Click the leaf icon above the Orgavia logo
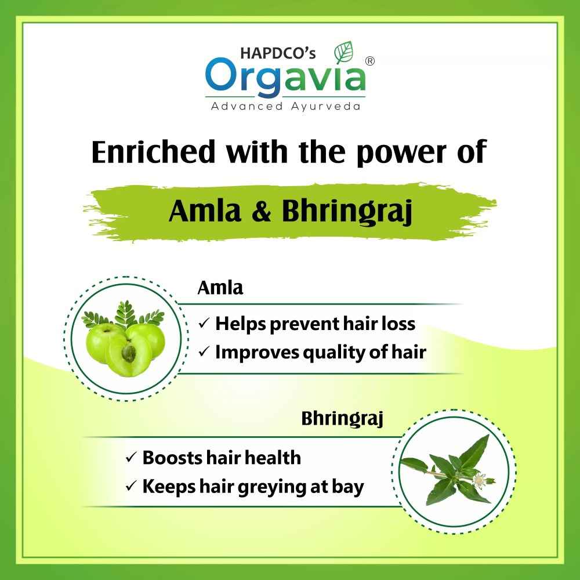[345, 52]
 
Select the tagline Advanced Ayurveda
[285, 106]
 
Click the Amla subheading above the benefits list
[220, 288]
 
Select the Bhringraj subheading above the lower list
[342, 419]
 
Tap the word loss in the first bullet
[397, 323]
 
